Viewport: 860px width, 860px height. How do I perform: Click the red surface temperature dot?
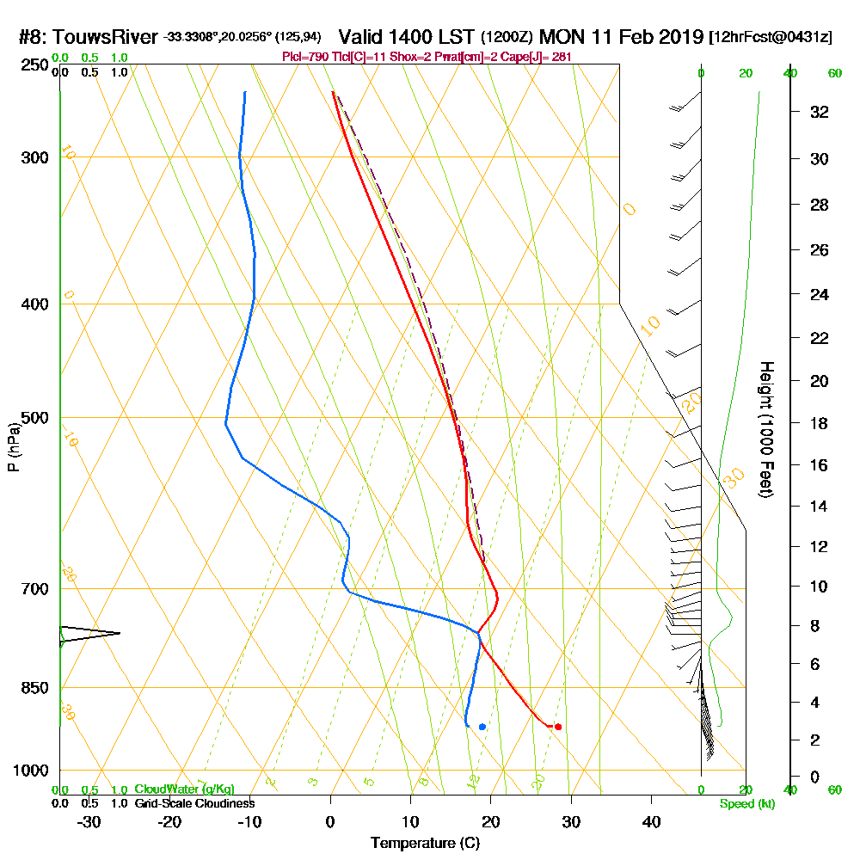558,727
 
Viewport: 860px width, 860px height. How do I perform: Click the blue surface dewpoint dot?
482,727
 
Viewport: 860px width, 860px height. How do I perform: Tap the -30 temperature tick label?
89,821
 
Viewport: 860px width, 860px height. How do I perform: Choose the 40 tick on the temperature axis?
651,821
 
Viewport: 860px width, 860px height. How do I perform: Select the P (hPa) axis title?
13,446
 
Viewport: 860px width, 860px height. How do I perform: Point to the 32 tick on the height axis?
820,112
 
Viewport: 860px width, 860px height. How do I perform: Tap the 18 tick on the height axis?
820,423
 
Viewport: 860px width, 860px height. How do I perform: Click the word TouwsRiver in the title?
106,37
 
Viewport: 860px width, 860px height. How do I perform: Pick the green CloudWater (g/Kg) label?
184,789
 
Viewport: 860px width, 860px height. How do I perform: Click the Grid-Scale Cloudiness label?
193,803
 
